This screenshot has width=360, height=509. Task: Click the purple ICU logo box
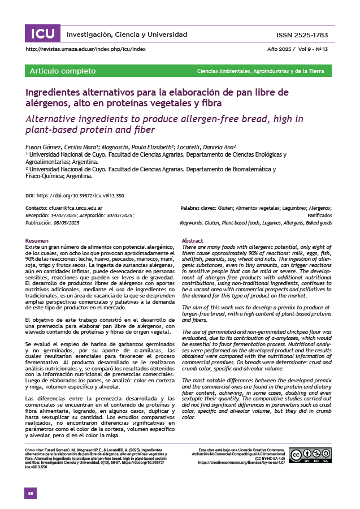click(x=42, y=34)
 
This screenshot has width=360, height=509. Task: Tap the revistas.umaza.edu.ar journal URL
click(x=85, y=50)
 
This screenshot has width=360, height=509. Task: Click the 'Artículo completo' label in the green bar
click(x=54, y=71)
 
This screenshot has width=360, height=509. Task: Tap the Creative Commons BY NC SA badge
click(x=310, y=456)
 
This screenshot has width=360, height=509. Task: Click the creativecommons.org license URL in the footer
click(x=240, y=463)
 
